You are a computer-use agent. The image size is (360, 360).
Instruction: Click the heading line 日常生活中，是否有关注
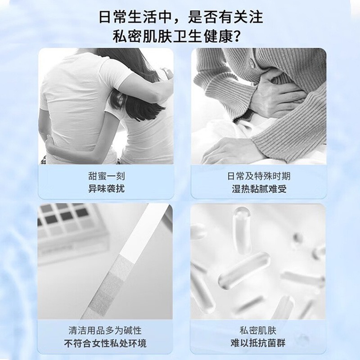(180, 18)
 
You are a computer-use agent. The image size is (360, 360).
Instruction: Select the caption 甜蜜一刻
(106, 176)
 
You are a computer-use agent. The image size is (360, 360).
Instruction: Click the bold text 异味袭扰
(106, 188)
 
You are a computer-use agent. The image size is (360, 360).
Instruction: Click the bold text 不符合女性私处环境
(106, 344)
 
